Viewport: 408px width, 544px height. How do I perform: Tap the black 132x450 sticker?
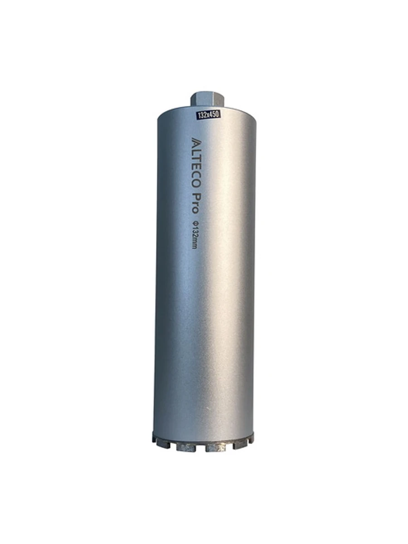(x=208, y=115)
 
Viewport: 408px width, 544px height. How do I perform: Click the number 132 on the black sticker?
(x=202, y=115)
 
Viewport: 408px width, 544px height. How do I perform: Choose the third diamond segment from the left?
(x=186, y=447)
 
